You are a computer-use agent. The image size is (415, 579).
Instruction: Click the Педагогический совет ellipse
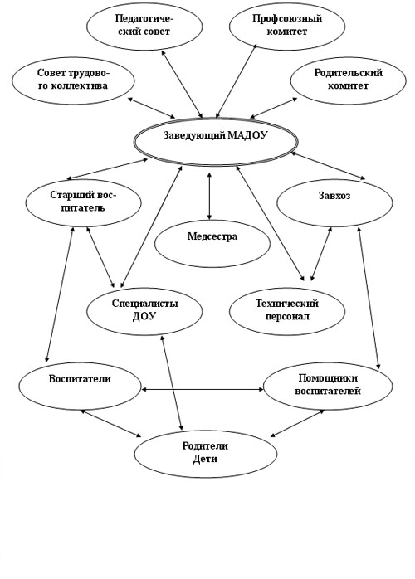tap(144, 27)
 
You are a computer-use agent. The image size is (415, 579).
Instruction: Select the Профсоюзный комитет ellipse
tap(287, 27)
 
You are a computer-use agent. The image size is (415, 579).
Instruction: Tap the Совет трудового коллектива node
tap(73, 80)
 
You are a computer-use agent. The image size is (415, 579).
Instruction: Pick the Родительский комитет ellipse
tap(348, 80)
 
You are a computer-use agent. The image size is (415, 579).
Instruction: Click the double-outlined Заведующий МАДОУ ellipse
tap(216, 141)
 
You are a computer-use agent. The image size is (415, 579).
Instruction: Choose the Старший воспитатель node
tap(84, 202)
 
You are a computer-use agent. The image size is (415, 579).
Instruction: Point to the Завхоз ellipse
tap(334, 202)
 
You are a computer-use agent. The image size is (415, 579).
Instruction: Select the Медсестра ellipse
tap(212, 243)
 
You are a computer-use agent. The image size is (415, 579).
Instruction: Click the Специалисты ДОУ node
tap(144, 311)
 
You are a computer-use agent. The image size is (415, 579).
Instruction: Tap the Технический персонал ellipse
tap(287, 311)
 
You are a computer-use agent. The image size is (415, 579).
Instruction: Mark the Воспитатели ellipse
tap(80, 387)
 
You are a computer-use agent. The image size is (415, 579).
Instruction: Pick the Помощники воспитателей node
tap(328, 387)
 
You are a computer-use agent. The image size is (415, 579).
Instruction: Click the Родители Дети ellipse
tap(206, 454)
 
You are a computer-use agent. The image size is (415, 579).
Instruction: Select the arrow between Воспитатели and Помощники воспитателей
tap(203, 389)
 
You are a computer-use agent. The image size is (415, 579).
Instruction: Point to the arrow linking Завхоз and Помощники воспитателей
tap(369, 299)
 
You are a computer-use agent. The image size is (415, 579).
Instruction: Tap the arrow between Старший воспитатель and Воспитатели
tap(60, 294)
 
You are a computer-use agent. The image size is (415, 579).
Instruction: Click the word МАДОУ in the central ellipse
tap(247, 135)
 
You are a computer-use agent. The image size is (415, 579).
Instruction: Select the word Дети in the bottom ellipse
tap(205, 460)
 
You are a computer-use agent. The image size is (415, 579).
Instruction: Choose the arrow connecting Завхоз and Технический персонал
tap(320, 254)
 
